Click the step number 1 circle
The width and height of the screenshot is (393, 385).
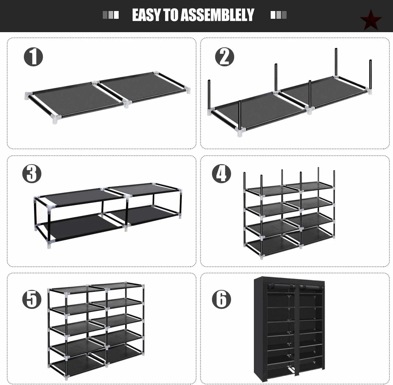pyautogui.click(x=34, y=57)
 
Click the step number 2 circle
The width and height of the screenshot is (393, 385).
pyautogui.click(x=225, y=57)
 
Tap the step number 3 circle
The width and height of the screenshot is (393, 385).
pyautogui.click(x=32, y=174)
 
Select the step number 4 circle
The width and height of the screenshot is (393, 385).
pyautogui.click(x=221, y=174)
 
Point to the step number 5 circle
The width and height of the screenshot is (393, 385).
pyautogui.click(x=32, y=299)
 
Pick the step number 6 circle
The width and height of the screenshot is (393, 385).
pyautogui.click(x=221, y=299)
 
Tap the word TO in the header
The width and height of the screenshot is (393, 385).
pyautogui.click(x=171, y=15)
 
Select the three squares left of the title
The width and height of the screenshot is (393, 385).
pyautogui.click(x=111, y=15)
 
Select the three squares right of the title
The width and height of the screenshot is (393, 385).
pyautogui.click(x=279, y=15)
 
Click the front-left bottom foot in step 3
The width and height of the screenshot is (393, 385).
pyautogui.click(x=49, y=245)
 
